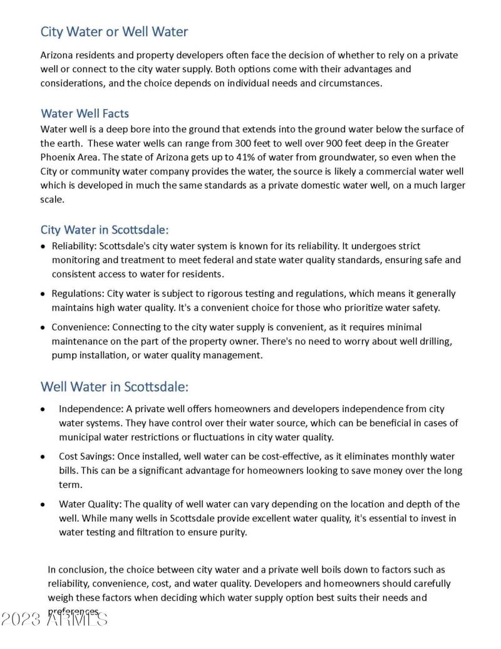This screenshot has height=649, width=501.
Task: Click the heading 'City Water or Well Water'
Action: [x=114, y=31]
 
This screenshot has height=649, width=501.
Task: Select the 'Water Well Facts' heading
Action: [x=85, y=113]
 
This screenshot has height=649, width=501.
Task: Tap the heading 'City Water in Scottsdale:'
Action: [x=105, y=229]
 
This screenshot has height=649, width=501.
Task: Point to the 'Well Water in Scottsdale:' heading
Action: [x=115, y=386]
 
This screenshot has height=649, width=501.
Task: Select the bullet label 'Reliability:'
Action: [x=74, y=246]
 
